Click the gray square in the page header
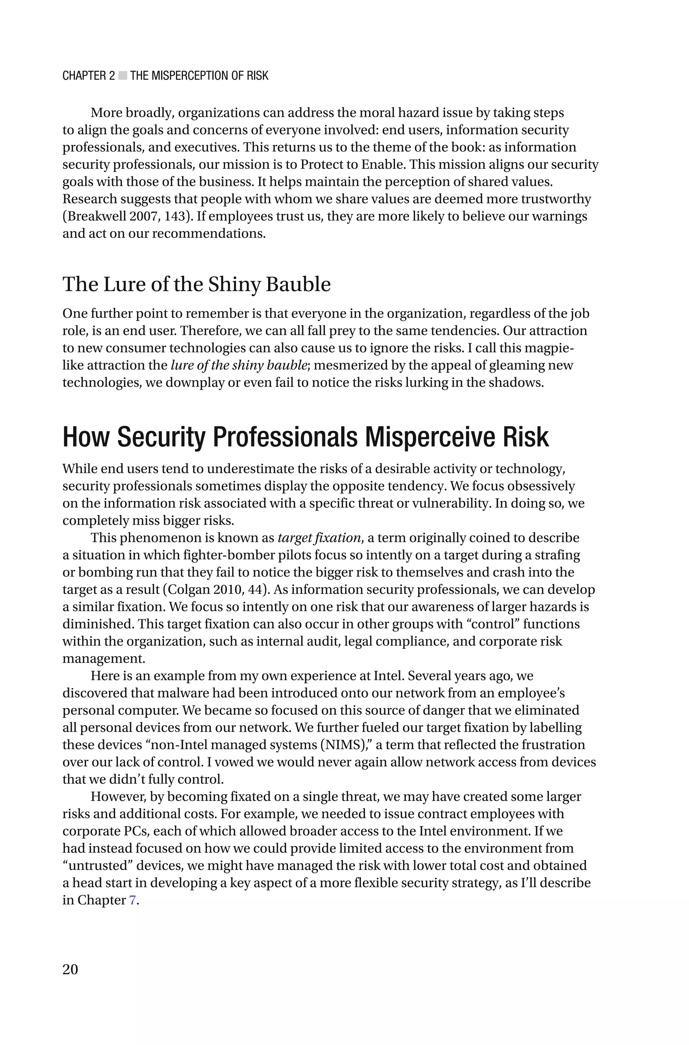click(x=122, y=76)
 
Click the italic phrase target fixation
click(x=319, y=538)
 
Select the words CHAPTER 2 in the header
click(x=89, y=76)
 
